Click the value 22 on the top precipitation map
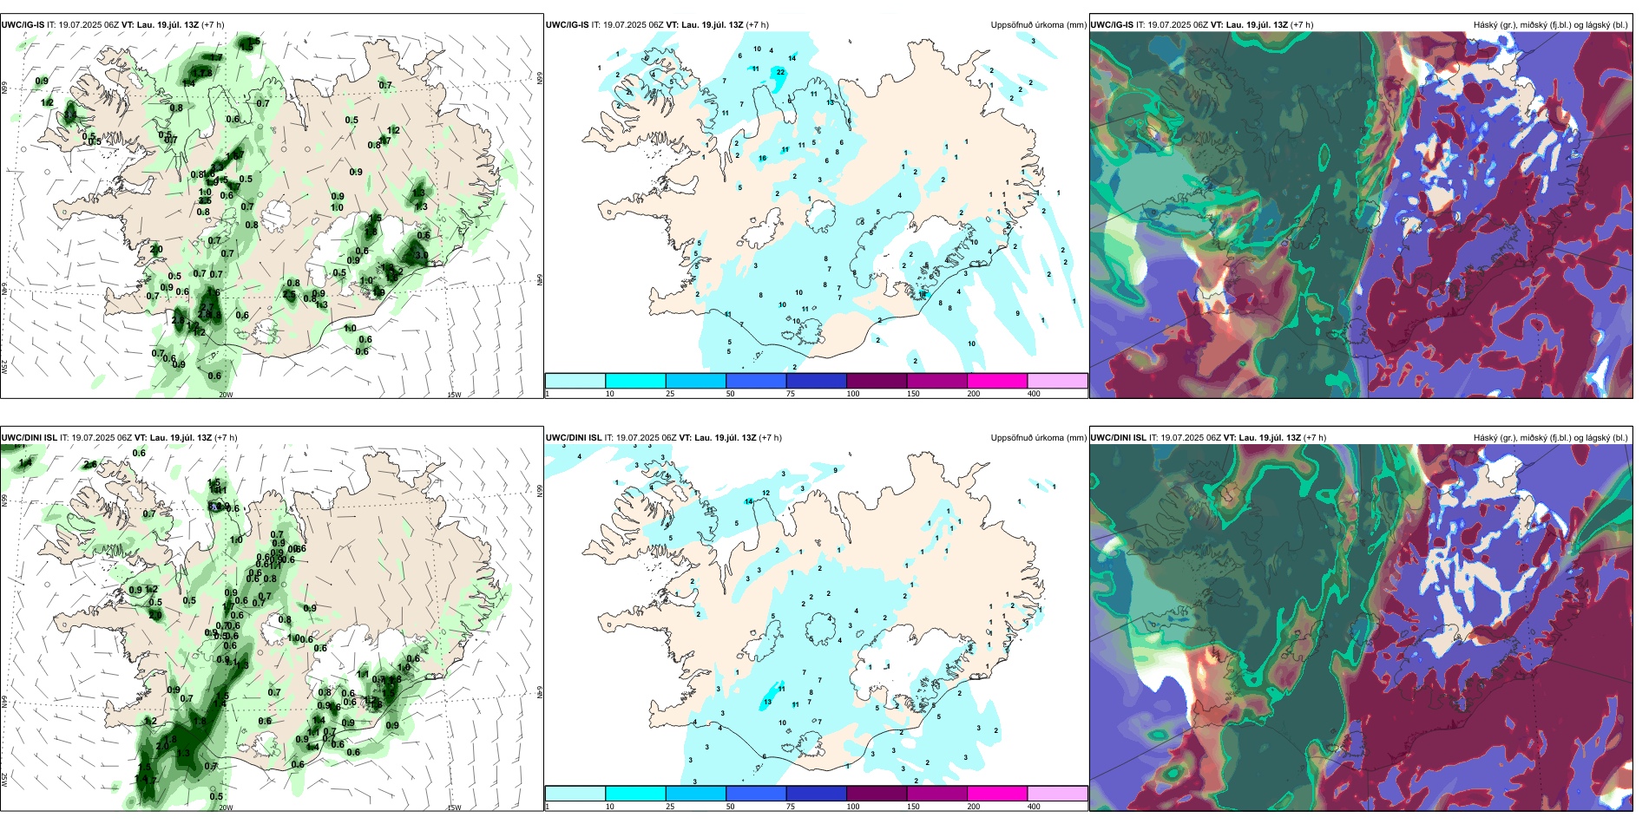pos(781,72)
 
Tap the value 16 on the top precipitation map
pos(763,158)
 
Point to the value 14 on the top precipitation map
pos(792,58)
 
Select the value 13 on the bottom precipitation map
pos(767,702)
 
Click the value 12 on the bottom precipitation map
pos(766,493)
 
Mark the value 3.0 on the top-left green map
pos(422,255)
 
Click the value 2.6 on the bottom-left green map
pos(90,464)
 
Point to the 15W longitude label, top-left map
pos(454,395)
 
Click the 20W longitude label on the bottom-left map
pos(226,808)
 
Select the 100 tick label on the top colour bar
pos(853,394)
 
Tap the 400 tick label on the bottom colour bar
pos(1034,807)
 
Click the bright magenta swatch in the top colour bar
pos(997,380)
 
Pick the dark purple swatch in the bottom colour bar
pos(877,793)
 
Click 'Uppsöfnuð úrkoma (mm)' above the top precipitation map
pos(1038,25)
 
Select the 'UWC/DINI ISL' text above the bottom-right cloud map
pos(1118,438)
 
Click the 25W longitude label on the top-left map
pos(4,367)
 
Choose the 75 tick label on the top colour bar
pos(791,394)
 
